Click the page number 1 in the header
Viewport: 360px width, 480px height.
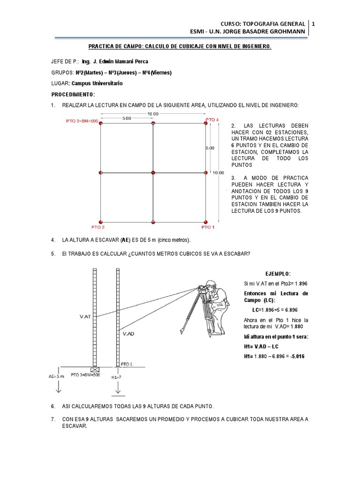coord(313,23)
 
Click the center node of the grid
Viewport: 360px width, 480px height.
coord(153,173)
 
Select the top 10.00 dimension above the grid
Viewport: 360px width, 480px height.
coord(153,114)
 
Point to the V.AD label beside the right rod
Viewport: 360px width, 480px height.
coord(129,334)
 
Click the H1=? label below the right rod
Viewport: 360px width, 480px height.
coord(118,376)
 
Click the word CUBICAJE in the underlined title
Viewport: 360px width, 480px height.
coord(178,47)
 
